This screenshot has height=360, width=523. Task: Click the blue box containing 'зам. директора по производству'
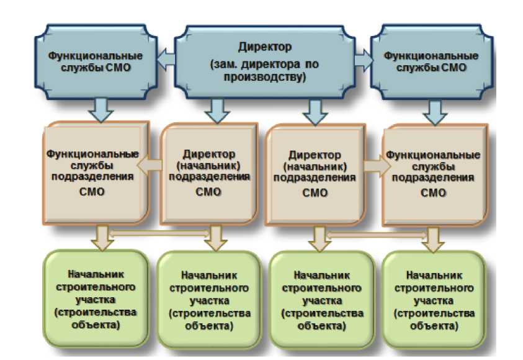tap(264, 62)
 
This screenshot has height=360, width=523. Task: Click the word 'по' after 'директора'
tap(312, 64)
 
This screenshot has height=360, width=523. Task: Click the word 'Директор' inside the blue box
tap(264, 47)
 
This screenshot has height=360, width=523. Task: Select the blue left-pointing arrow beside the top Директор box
tap(166, 60)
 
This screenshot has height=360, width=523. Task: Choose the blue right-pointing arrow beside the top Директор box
tap(364, 60)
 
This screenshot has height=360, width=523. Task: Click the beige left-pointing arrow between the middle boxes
tap(150, 165)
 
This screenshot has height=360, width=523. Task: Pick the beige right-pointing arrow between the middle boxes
tap(377, 166)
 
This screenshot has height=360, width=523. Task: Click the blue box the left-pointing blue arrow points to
tap(96, 61)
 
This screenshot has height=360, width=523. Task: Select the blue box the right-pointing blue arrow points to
tap(432, 62)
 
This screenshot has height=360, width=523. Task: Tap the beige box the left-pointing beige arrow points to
tap(96, 173)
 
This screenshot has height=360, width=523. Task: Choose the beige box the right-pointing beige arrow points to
tap(435, 174)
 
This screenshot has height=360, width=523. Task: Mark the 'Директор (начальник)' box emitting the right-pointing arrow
tap(315, 174)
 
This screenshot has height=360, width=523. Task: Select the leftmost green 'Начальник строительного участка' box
tap(96, 299)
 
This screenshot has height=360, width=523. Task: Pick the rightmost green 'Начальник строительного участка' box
tap(434, 300)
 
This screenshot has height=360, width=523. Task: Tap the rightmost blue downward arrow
tap(435, 112)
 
